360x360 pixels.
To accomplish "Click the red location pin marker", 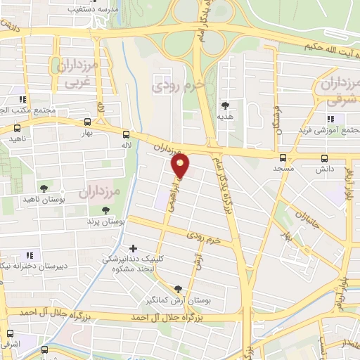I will tap(181, 167).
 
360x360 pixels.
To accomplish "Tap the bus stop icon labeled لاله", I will tap(126, 134).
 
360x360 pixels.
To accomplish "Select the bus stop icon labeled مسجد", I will tap(283, 157).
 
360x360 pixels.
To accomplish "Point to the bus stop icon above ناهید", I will tap(18, 128).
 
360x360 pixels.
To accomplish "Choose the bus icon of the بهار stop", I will tap(86, 121).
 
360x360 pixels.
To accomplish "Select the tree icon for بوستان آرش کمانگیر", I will tap(177, 289).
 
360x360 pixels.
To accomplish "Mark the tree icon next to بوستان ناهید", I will tap(44, 188).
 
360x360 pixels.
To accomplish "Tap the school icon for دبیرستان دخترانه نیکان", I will tap(30, 255).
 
